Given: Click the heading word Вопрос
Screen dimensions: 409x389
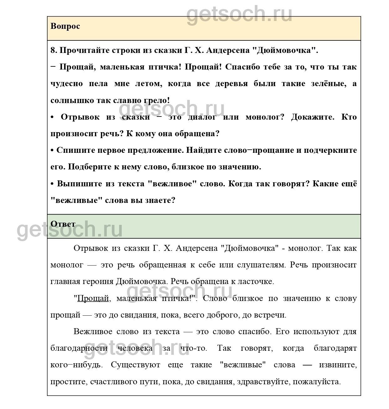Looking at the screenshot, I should point(65,26).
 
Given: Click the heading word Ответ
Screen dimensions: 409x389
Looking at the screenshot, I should point(63,224).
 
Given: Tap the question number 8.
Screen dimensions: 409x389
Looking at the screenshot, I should point(54,50).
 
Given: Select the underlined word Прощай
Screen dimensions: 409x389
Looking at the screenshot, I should point(93,298).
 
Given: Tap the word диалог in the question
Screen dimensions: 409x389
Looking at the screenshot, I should point(202,117).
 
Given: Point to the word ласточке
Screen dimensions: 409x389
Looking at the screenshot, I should point(256,282).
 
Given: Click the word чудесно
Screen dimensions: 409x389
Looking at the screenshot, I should point(66,84).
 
